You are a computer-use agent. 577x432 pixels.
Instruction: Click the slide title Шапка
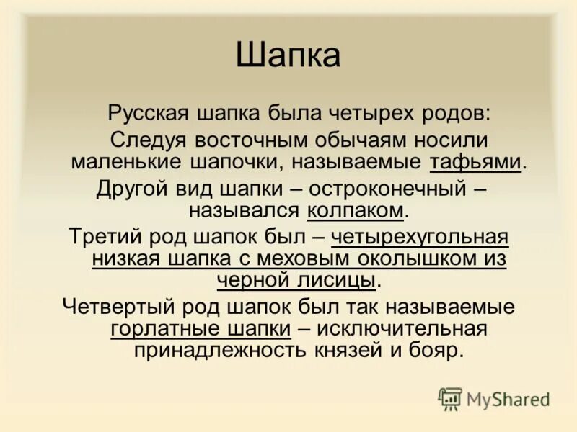click(288, 56)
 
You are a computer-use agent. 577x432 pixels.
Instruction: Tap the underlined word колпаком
click(355, 210)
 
